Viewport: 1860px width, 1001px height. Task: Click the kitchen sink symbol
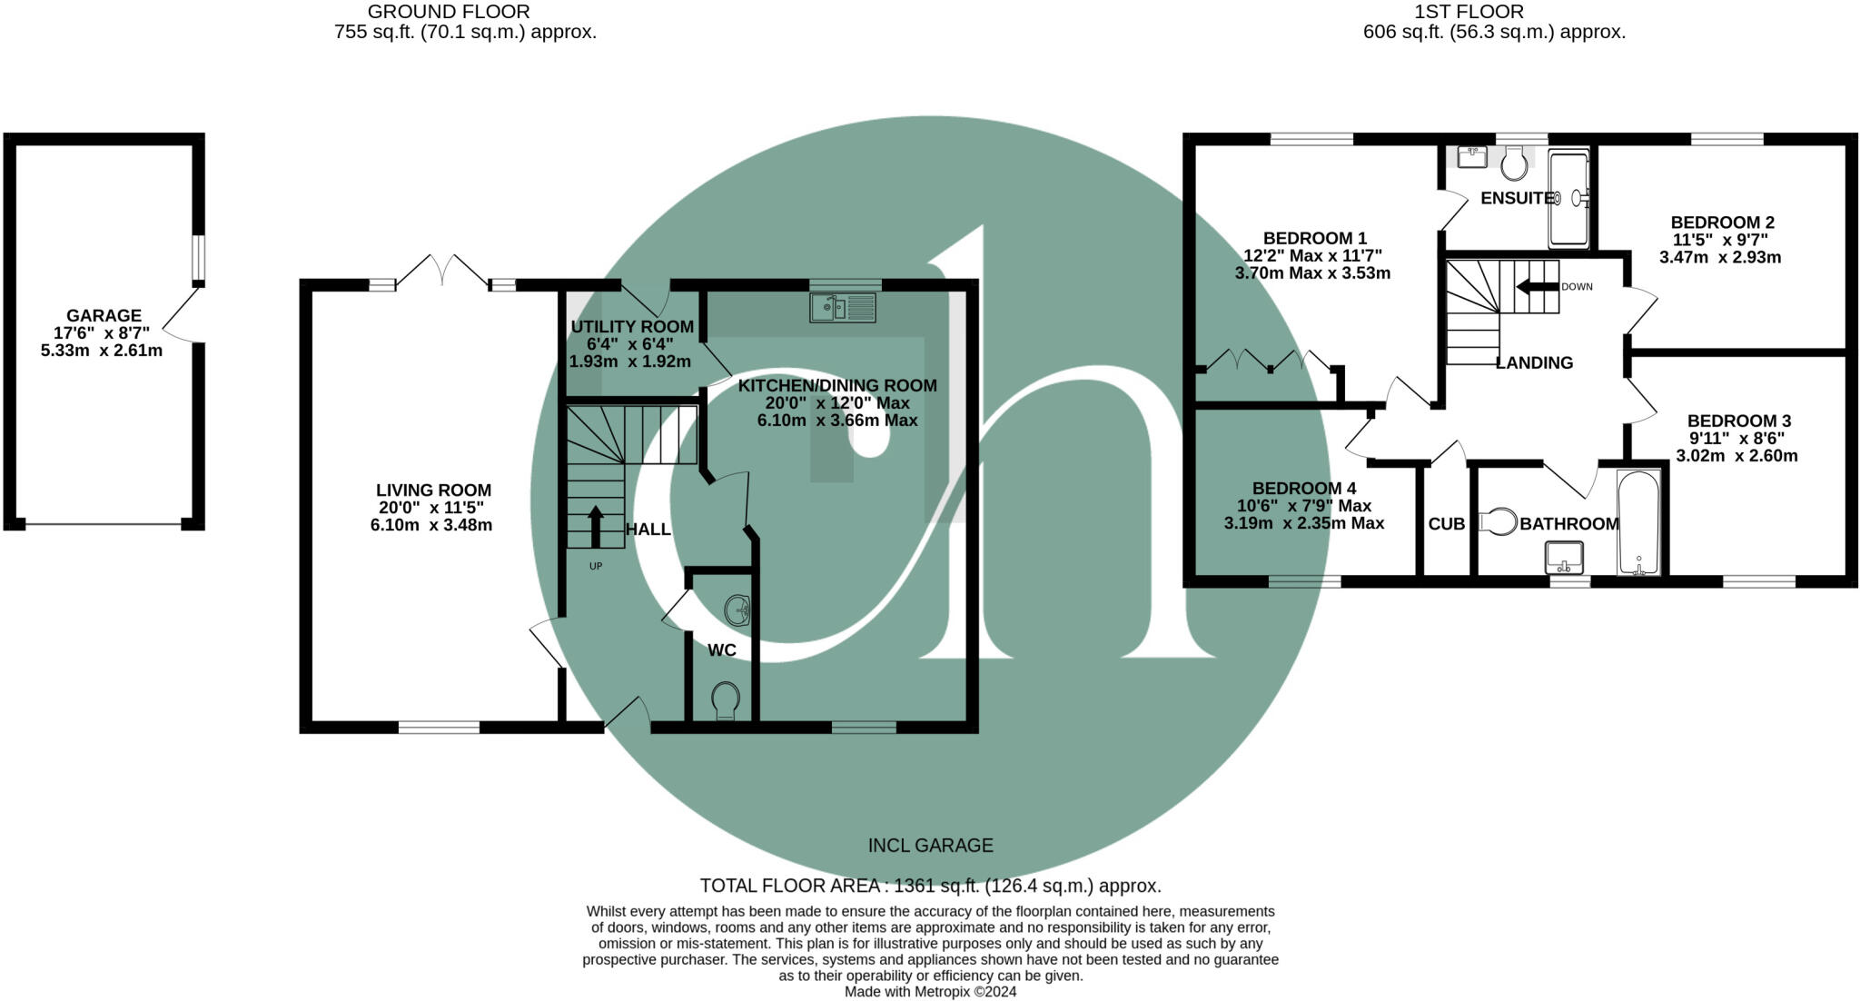pos(843,307)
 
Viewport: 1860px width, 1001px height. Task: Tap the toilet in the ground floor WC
pos(725,700)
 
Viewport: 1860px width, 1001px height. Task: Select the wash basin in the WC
pos(737,610)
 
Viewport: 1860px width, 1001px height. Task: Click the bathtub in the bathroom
pos(1638,522)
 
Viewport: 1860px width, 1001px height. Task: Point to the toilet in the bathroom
pos(1499,522)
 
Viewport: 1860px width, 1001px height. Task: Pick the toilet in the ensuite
pos(1514,164)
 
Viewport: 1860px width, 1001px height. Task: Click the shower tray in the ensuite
pos(1568,199)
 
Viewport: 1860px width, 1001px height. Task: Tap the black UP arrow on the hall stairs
pos(596,525)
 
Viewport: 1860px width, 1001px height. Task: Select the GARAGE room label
pos(104,316)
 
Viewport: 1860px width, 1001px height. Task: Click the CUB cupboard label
pos(1446,524)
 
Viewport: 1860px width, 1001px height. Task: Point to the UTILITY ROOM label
pos(632,327)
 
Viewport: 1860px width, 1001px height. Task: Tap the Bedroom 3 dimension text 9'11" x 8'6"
pos(1737,438)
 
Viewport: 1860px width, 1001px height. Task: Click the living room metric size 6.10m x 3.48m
pos(431,525)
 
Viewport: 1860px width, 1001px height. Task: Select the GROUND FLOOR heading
pos(449,12)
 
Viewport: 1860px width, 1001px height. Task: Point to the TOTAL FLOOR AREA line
pos(930,886)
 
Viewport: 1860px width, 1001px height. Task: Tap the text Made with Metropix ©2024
pos(930,992)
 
